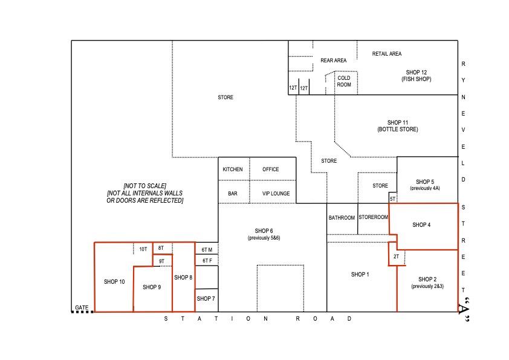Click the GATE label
pyautogui.click(x=82, y=307)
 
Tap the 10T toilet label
pyautogui.click(x=143, y=249)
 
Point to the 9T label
pyautogui.click(x=161, y=261)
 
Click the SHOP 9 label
pyautogui.click(x=152, y=287)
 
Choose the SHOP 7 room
pyautogui.click(x=207, y=300)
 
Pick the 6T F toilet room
pyautogui.click(x=207, y=260)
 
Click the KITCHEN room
pyautogui.click(x=234, y=169)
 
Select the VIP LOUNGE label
pyautogui.click(x=276, y=194)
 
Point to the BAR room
pyautogui.click(x=234, y=192)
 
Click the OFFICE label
pyautogui.click(x=270, y=169)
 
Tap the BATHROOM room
pyautogui.click(x=342, y=218)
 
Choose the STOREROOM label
pyautogui.click(x=374, y=217)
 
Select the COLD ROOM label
pyautogui.click(x=344, y=81)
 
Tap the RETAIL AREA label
pyautogui.click(x=387, y=54)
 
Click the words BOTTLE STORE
pyautogui.click(x=398, y=129)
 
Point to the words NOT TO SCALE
pyautogui.click(x=144, y=186)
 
